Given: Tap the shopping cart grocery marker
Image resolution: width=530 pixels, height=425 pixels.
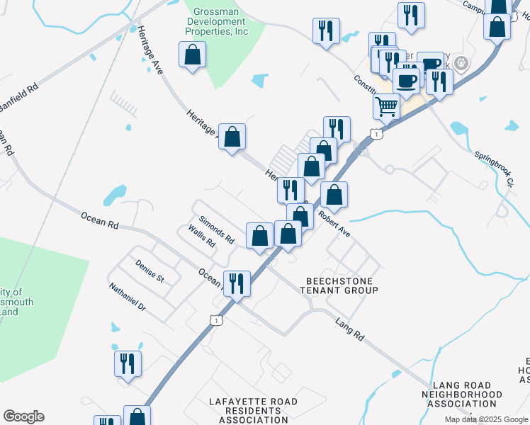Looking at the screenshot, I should (386, 106).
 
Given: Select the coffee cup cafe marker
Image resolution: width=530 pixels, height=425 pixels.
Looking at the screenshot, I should (406, 81).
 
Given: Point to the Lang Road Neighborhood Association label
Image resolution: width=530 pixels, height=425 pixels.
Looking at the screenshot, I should (461, 394).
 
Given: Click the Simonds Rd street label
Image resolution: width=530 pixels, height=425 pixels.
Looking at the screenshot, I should (217, 230).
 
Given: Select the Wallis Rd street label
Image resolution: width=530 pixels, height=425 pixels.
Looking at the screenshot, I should (202, 237).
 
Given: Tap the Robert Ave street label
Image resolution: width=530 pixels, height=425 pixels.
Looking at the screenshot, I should (334, 222).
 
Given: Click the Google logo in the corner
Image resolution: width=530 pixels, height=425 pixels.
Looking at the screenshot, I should (23, 416).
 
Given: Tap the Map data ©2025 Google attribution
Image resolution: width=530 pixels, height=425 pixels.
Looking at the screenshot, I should (487, 419).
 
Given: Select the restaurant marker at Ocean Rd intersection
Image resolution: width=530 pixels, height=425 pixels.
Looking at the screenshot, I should (237, 283).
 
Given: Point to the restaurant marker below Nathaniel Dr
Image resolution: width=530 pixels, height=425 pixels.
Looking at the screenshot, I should (128, 363).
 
